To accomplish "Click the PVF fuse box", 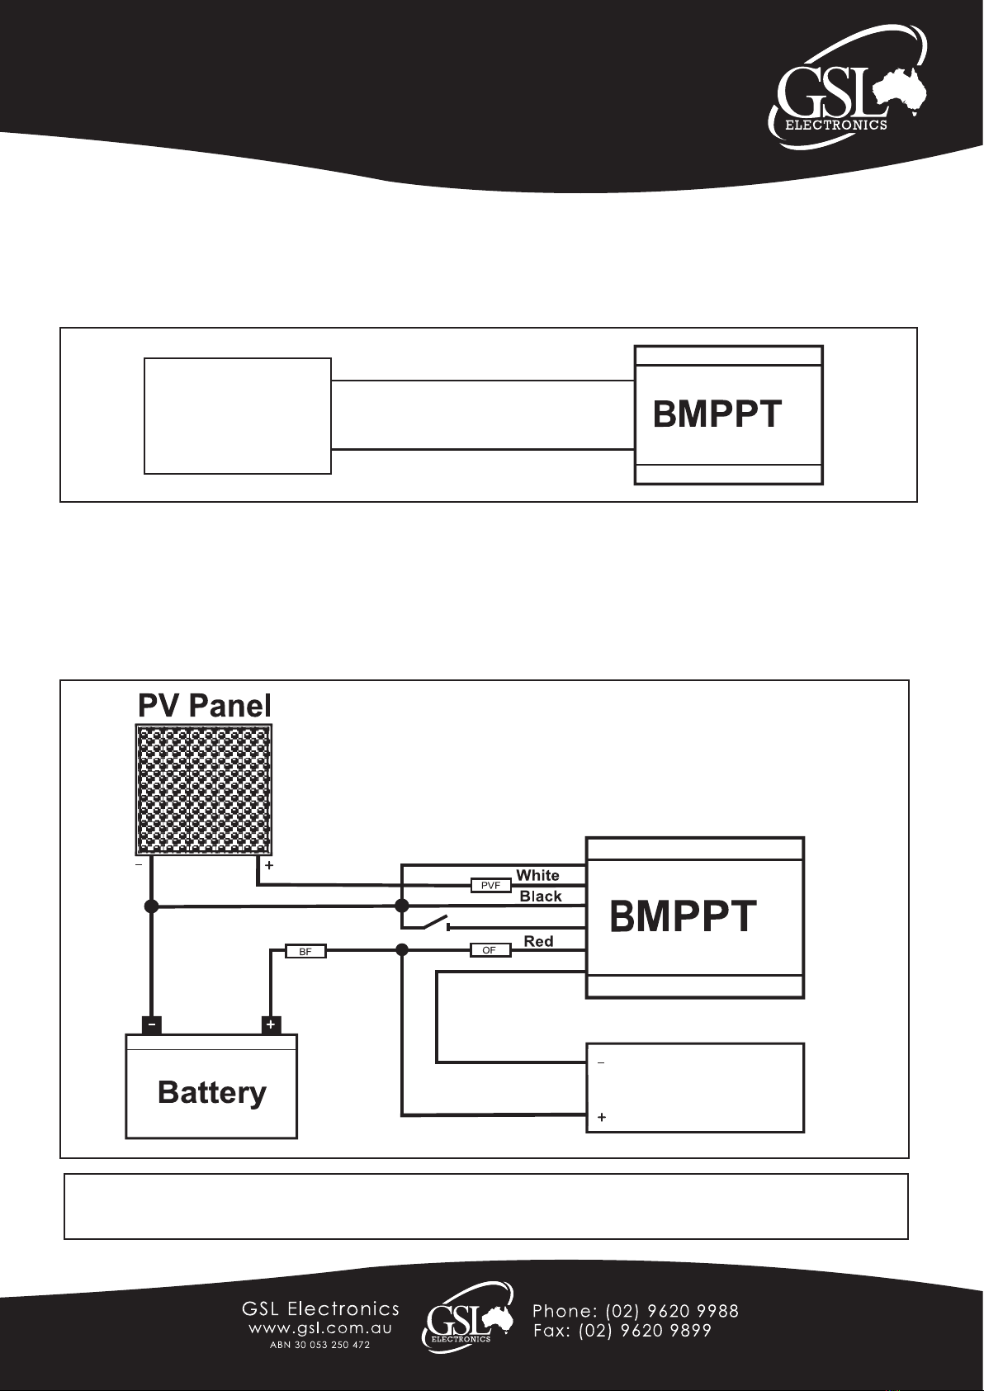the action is tap(490, 886).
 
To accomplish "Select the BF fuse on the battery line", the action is tap(305, 951).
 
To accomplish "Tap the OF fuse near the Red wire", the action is tap(490, 950).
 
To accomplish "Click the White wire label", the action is tap(537, 876).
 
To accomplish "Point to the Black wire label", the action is tap(541, 897).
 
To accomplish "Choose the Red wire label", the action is tap(538, 941).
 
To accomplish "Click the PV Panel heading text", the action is tap(204, 706).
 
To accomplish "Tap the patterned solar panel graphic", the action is tap(204, 789).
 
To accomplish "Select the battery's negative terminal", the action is tap(152, 1025).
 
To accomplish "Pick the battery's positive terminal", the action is tap(271, 1025).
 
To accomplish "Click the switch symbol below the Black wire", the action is tap(434, 924).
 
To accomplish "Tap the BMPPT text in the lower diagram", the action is tap(683, 916).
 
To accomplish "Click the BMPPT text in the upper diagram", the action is tap(717, 414).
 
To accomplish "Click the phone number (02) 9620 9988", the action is tap(672, 1312).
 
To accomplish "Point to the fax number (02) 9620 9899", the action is tap(645, 1332).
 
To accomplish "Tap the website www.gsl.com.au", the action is tap(320, 1329).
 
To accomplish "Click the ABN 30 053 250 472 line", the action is tap(319, 1346).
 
